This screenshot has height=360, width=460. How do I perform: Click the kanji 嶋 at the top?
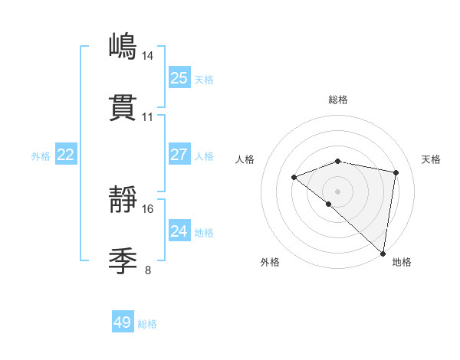point(123,47)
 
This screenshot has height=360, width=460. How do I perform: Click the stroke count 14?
point(148,55)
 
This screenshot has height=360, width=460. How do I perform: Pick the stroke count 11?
point(148,117)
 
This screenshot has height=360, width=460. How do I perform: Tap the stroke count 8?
point(148,270)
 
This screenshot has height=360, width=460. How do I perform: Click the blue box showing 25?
point(179,77)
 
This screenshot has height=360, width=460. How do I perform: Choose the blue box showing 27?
point(179,155)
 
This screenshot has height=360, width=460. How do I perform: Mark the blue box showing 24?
point(179,231)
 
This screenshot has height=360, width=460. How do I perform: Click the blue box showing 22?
point(65,155)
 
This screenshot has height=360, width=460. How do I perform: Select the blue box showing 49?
point(123,322)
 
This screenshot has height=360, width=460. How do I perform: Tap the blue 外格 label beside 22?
point(41,156)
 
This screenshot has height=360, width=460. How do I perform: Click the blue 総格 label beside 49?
point(147,324)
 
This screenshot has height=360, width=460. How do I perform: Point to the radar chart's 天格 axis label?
point(431,159)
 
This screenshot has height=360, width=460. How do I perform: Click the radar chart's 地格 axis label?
point(402,262)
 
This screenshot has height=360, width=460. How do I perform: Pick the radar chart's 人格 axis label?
point(245,159)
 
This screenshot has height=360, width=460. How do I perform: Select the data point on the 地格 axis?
point(383,253)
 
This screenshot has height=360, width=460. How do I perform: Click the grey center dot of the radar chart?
point(338,190)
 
